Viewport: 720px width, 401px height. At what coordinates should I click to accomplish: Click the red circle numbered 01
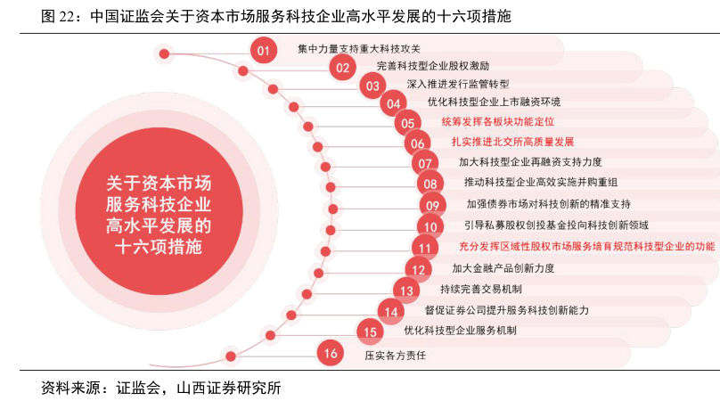263,51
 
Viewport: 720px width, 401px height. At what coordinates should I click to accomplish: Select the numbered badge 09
434,205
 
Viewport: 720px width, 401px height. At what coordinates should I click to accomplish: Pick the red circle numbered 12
417,268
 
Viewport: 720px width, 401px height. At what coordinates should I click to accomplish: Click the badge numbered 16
331,354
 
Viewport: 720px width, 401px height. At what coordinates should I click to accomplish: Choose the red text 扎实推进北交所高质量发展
511,141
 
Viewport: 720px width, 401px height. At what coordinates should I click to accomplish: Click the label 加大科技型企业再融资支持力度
530,161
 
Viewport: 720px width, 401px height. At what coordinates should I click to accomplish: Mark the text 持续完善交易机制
480,290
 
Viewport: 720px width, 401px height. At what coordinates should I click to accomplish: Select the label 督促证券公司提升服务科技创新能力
506,310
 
